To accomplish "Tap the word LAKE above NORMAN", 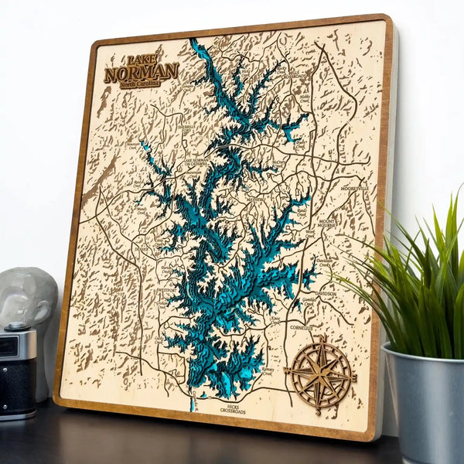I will [x=141, y=60].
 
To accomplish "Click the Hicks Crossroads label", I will [x=233, y=408].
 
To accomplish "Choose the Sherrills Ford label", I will [x=188, y=128].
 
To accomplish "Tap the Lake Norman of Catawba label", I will [x=203, y=165].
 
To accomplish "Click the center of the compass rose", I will [x=319, y=373].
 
